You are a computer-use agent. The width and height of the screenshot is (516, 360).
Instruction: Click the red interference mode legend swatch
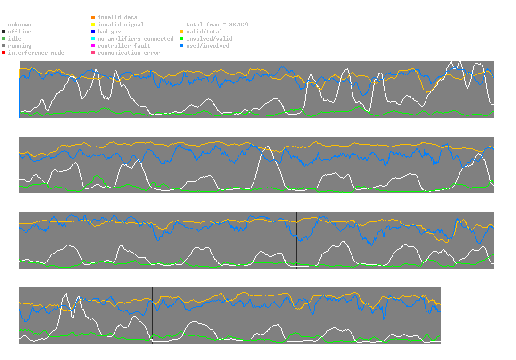4,53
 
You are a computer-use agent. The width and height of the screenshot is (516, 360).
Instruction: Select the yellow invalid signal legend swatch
93,25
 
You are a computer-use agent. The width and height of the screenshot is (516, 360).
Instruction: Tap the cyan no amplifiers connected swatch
93,39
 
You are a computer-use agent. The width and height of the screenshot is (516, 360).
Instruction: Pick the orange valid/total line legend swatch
182,32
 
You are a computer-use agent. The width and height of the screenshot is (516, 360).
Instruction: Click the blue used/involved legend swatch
182,46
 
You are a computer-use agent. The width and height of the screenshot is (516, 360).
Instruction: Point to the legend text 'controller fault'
124,46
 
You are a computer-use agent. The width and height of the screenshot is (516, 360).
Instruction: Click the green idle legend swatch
4,39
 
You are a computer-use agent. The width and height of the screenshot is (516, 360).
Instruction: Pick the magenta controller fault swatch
93,46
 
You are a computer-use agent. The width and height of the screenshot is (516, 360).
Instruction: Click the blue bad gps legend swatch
93,32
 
